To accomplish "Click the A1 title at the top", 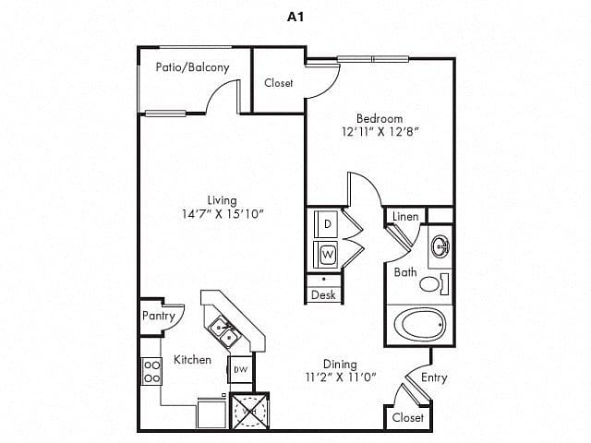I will tap(295, 17).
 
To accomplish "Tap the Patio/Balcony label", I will tap(192, 67).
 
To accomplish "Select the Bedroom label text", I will tap(380, 118).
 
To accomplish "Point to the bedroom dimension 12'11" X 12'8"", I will tap(380, 132).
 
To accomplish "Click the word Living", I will tap(222, 199).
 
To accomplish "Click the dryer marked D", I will tap(327, 223).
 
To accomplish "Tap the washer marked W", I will tap(327, 252).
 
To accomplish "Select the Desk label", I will tap(323, 295).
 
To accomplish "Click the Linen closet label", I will tap(405, 217).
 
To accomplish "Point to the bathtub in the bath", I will tap(420, 324).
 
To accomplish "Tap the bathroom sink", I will tap(440, 247).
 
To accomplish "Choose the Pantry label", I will tap(159, 316).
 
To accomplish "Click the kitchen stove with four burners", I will tap(151, 371).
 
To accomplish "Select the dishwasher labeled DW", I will tap(240, 370).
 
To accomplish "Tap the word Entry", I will tap(434, 377).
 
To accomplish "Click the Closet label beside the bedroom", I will tap(279, 83).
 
